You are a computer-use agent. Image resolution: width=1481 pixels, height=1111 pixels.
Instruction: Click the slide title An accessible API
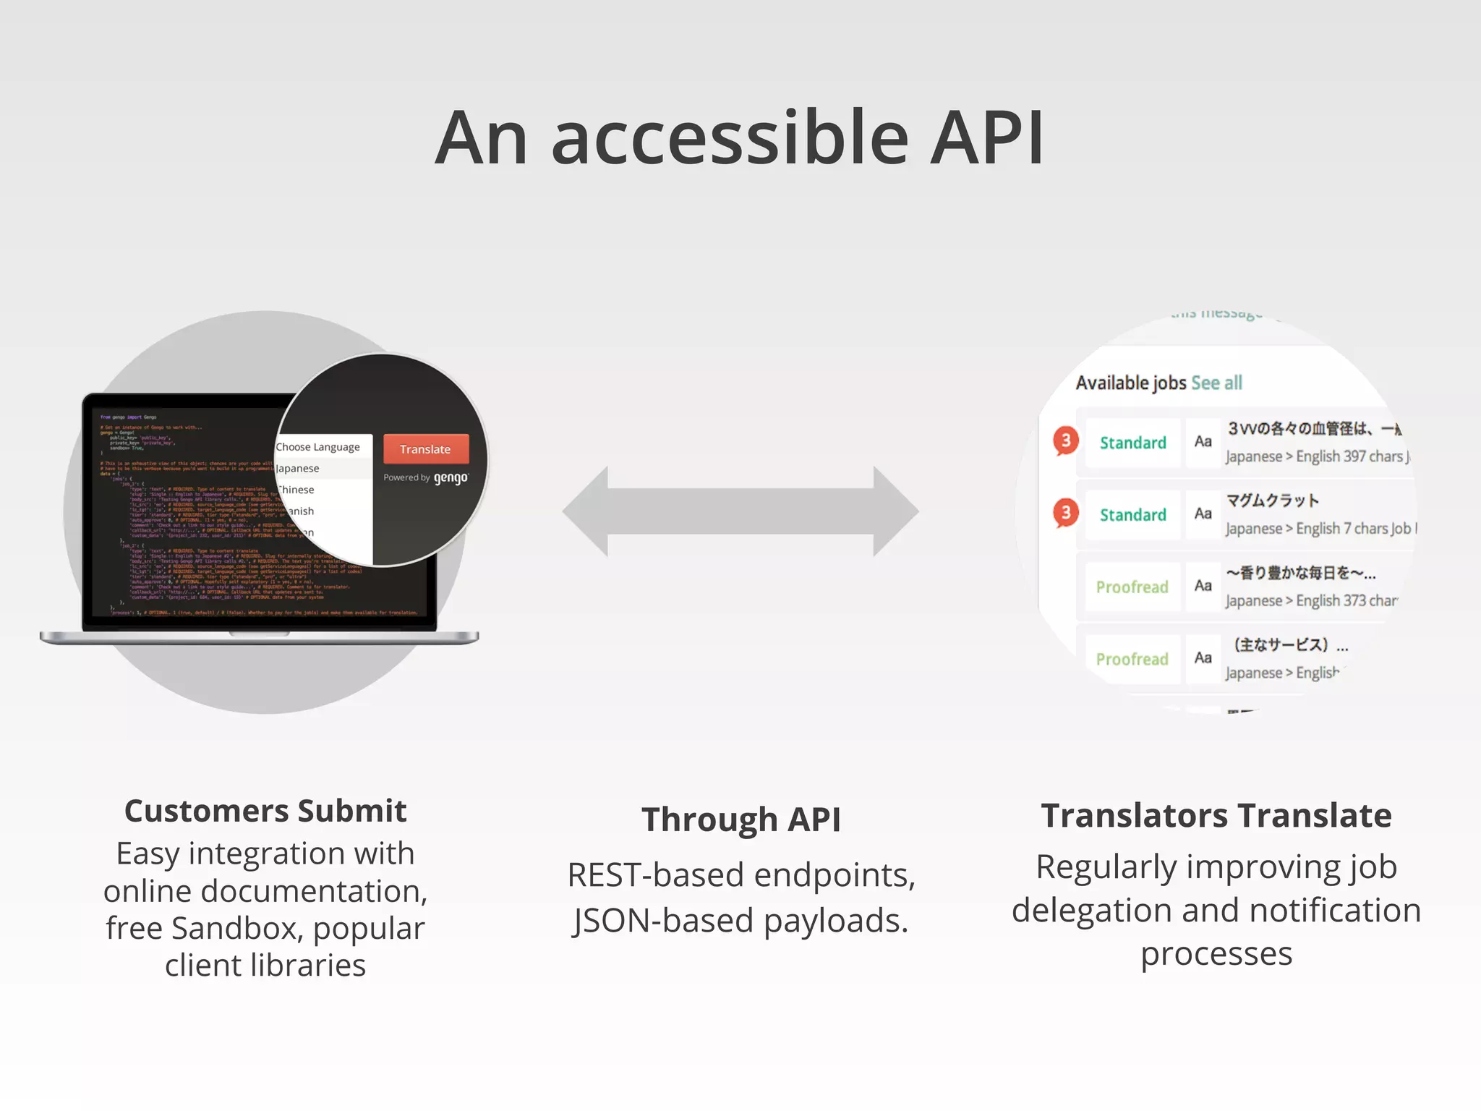739,137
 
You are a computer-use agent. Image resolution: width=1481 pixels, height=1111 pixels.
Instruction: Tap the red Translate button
425,449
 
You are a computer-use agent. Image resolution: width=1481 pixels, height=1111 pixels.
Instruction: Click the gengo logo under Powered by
451,478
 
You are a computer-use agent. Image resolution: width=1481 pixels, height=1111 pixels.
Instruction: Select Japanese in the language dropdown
298,468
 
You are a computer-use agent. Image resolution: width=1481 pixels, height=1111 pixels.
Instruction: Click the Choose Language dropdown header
318,447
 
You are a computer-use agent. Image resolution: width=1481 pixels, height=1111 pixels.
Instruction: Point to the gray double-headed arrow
740,511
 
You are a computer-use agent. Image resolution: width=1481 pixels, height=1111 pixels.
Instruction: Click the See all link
1216,383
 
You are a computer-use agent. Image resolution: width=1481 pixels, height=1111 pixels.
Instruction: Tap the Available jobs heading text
1131,383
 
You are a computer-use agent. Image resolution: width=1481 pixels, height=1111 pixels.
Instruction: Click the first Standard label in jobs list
1132,443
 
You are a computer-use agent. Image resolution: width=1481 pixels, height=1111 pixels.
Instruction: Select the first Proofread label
1132,587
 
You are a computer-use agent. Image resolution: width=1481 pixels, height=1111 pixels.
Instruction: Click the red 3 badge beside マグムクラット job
1065,513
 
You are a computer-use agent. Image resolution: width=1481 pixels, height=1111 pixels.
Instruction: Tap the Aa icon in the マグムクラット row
1203,514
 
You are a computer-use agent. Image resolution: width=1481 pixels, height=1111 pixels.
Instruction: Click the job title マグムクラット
1273,501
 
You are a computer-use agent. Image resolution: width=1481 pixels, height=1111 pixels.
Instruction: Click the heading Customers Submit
265,811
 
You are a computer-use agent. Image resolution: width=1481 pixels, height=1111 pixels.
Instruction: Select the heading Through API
740,820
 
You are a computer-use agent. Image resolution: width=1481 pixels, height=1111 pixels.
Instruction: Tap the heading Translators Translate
1216,815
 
